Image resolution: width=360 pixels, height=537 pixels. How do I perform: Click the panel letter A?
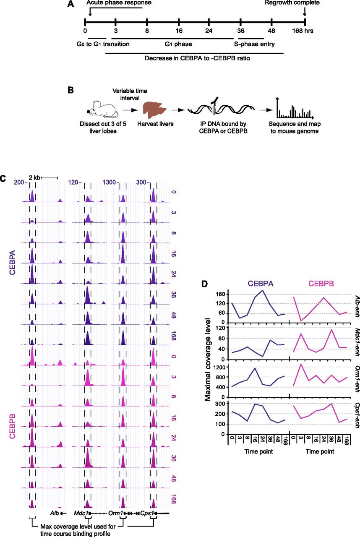71,4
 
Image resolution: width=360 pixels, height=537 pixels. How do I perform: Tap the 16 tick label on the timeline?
179,31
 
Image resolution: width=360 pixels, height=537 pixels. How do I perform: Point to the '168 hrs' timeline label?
303,31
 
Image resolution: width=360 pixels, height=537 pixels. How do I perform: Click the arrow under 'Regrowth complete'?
305,11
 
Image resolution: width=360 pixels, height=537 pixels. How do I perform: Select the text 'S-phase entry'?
254,44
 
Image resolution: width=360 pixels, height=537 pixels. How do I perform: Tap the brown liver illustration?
154,110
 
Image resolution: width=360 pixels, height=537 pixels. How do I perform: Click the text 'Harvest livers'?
155,124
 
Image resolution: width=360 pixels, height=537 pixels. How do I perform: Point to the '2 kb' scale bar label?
34,177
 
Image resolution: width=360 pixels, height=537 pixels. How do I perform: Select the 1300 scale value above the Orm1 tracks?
109,182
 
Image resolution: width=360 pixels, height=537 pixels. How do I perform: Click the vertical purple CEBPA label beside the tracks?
12,262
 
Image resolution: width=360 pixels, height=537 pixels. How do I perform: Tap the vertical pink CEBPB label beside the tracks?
12,426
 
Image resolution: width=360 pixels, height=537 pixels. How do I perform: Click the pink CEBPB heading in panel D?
321,284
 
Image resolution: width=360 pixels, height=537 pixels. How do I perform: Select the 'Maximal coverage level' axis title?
208,360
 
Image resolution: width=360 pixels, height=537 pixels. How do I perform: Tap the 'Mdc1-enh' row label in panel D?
357,342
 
